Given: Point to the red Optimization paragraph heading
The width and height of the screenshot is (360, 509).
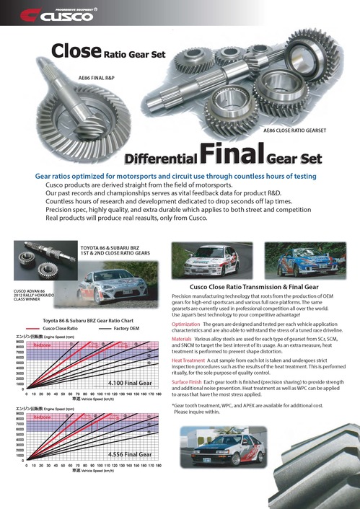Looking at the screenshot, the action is tap(187, 324).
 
